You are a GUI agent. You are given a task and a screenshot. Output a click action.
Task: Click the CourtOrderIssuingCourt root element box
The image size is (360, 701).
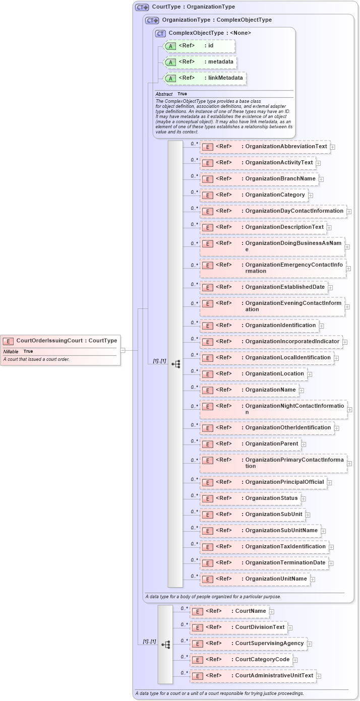click(61, 341)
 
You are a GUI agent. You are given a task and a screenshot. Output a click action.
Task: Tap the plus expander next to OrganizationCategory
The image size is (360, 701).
click(311, 195)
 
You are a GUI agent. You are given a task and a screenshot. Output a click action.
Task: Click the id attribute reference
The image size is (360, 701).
click(199, 46)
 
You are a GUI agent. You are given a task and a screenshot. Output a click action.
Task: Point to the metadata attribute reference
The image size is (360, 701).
click(200, 62)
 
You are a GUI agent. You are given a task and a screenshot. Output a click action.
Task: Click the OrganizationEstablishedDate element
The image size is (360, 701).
click(264, 287)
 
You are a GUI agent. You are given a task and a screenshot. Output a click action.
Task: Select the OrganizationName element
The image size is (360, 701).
click(250, 390)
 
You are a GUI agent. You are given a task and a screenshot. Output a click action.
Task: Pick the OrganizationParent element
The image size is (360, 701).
click(251, 444)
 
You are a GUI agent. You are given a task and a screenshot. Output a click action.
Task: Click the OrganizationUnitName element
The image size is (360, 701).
click(255, 579)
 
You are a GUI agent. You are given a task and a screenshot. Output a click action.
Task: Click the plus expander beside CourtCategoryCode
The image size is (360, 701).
click(295, 660)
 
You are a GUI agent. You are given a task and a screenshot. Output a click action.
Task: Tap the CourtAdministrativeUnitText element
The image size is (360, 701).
click(253, 676)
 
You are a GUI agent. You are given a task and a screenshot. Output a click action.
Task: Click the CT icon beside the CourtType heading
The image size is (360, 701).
click(142, 7)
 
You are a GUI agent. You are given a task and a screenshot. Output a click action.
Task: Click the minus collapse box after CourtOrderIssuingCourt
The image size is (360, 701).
click(123, 350)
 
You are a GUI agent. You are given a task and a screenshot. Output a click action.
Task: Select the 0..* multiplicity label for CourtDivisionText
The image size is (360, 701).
click(184, 625)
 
